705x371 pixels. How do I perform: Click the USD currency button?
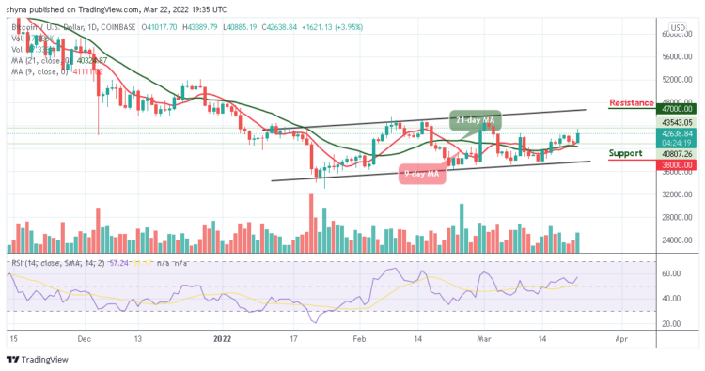[x=676, y=27]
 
